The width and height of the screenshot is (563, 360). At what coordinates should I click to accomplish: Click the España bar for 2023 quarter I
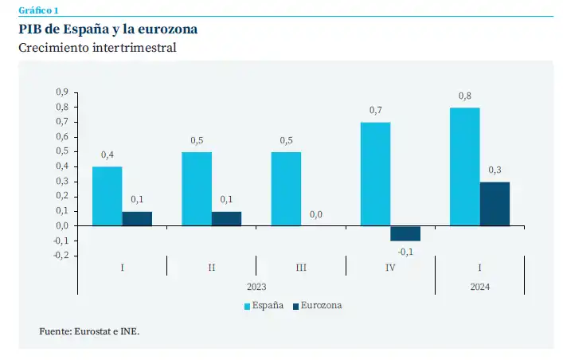click(x=107, y=196)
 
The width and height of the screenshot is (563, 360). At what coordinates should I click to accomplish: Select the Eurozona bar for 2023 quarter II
click(x=226, y=218)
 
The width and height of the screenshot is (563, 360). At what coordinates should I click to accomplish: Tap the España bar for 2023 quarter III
click(x=286, y=189)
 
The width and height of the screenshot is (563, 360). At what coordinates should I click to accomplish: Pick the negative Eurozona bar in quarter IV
click(x=405, y=233)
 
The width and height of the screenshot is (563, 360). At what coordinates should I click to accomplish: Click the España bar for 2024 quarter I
click(x=465, y=166)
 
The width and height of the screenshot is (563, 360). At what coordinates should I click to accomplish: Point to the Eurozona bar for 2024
click(x=495, y=204)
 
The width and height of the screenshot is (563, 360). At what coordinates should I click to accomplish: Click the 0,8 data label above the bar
click(x=465, y=96)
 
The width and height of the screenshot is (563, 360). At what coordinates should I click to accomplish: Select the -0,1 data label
click(x=406, y=252)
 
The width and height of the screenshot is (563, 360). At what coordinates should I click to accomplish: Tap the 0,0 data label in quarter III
click(x=316, y=214)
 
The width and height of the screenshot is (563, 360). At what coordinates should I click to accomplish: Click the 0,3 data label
click(x=495, y=170)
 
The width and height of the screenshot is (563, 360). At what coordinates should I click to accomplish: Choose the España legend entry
click(x=263, y=306)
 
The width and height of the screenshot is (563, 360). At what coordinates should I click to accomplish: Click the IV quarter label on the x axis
click(x=390, y=268)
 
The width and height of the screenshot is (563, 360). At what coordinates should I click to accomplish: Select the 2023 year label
click(x=256, y=286)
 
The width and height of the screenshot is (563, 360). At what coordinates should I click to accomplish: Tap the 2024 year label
click(x=479, y=286)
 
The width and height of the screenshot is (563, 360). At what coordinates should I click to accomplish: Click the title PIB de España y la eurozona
click(x=108, y=29)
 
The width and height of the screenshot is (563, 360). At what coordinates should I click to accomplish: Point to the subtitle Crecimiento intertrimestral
click(x=97, y=48)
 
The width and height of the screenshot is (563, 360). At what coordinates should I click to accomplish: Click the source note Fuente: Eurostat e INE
click(x=89, y=331)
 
